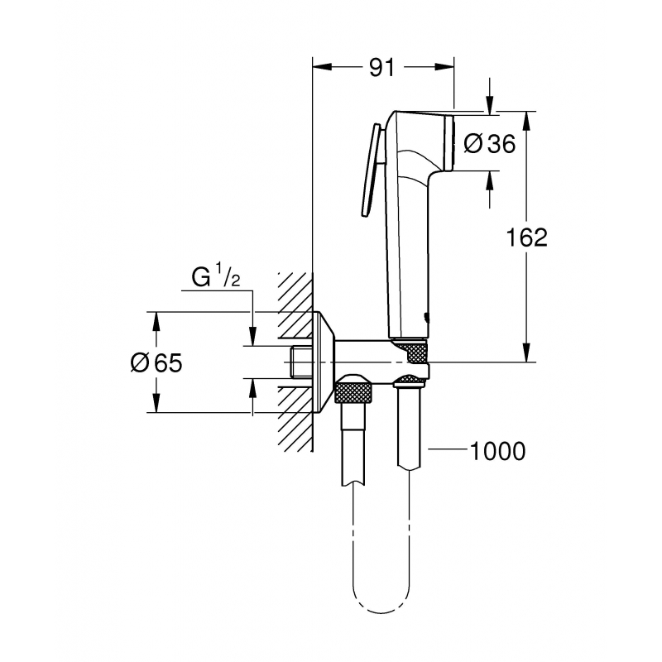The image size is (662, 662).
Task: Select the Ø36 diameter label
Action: click(489, 144)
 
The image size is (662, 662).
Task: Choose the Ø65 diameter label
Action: click(157, 362)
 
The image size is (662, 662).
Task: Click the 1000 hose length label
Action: click(496, 451)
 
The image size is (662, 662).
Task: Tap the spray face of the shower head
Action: click(451, 144)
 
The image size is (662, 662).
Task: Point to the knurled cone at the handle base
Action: click(411, 350)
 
